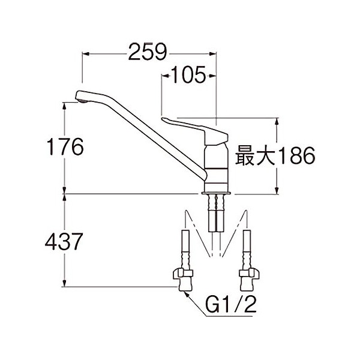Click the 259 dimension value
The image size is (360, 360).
coord(147,54)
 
